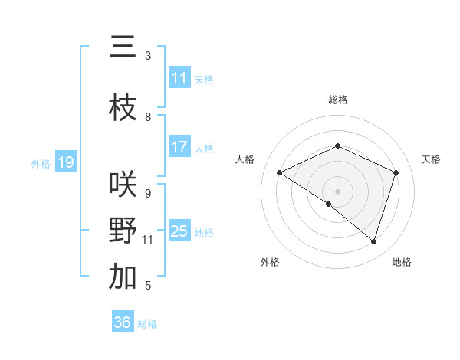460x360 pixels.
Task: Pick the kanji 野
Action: [123, 231]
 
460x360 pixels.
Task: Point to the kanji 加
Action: [123, 277]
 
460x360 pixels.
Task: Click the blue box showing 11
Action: [179, 78]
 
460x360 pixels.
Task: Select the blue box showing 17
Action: [179, 147]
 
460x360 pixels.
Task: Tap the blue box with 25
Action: [179, 231]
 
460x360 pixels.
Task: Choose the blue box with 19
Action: [66, 162]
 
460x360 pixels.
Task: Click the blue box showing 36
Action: [123, 323]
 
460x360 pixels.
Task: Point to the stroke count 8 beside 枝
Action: [148, 117]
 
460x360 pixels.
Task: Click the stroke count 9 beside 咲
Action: [148, 194]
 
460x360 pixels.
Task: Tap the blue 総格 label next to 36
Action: [147, 324]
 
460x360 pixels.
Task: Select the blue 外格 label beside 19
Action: [41, 163]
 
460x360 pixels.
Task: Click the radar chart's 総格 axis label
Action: [338, 100]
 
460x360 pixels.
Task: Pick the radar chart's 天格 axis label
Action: [432, 159]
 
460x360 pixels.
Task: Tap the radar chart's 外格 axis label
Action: [270, 262]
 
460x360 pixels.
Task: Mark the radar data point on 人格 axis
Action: [280, 173]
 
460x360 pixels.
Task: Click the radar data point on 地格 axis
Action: [373, 242]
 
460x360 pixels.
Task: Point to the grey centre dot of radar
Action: [337, 191]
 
